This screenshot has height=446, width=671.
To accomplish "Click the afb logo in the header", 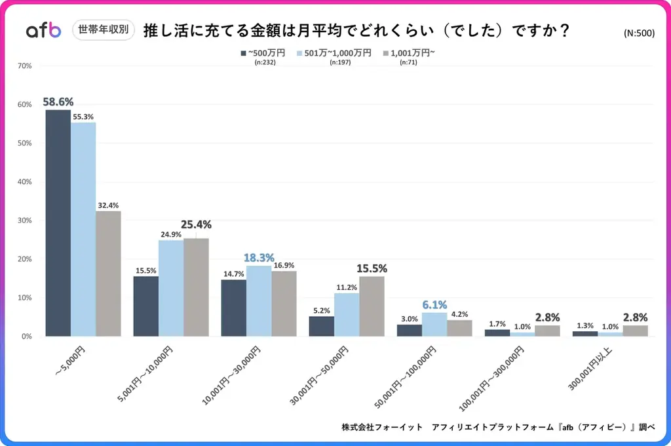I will [43, 30].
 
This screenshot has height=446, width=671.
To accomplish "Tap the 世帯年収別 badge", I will [103, 30].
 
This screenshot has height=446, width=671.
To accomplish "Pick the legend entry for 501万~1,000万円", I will [334, 53].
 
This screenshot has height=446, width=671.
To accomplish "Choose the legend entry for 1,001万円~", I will [407, 53].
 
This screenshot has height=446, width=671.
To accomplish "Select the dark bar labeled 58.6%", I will [58, 223].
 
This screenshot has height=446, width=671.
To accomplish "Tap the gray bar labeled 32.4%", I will [108, 274].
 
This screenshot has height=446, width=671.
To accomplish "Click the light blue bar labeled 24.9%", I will [171, 288].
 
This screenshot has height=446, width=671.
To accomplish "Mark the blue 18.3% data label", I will [259, 258].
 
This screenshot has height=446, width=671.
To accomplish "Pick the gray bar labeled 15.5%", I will [372, 306].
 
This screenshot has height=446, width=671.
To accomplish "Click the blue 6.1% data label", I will [434, 305].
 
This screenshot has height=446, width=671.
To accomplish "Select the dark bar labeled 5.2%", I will [321, 326].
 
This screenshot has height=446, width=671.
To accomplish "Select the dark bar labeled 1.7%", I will [497, 333].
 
